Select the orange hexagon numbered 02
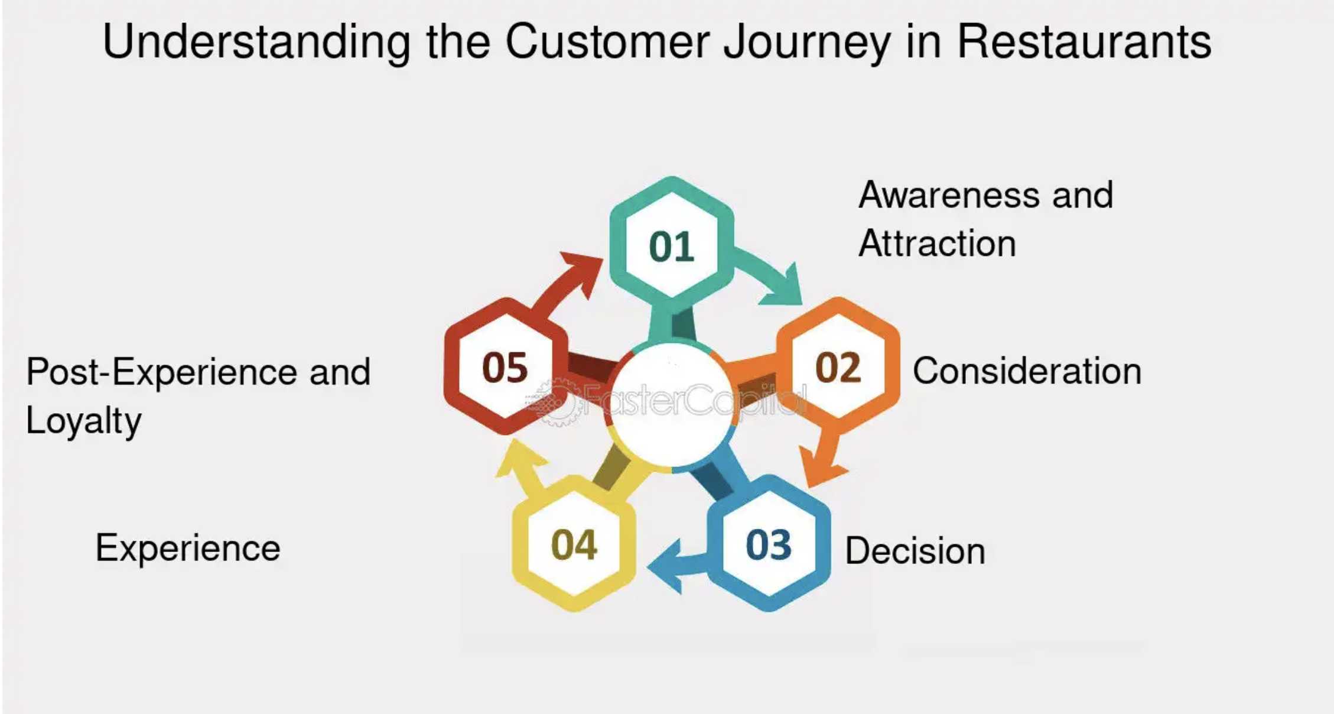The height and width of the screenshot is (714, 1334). click(838, 366)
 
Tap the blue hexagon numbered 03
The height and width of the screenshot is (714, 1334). click(769, 543)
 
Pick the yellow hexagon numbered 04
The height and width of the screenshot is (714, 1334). click(574, 543)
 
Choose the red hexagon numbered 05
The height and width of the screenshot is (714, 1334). click(506, 366)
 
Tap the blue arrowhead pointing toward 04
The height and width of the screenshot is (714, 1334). click(666, 566)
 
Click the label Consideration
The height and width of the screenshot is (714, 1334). click(1027, 371)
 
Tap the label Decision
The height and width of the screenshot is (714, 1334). click(915, 551)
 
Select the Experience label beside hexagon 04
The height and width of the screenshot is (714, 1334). click(188, 548)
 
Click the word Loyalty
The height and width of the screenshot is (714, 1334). click(84, 421)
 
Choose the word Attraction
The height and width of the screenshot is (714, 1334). click(938, 244)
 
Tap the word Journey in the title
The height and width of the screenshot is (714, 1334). click(807, 43)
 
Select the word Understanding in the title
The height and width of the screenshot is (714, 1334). click(256, 43)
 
